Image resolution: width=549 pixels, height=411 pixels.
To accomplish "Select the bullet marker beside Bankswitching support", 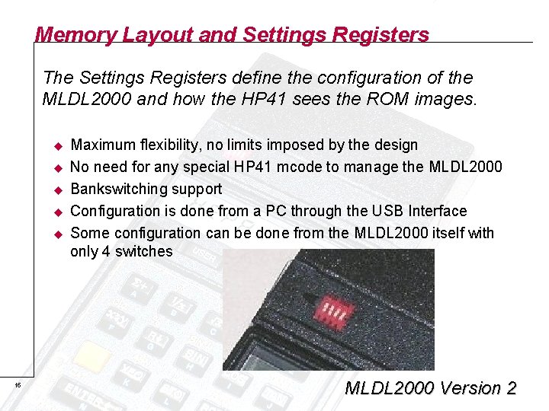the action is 56,190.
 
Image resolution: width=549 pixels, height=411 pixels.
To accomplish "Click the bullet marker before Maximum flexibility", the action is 56,145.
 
